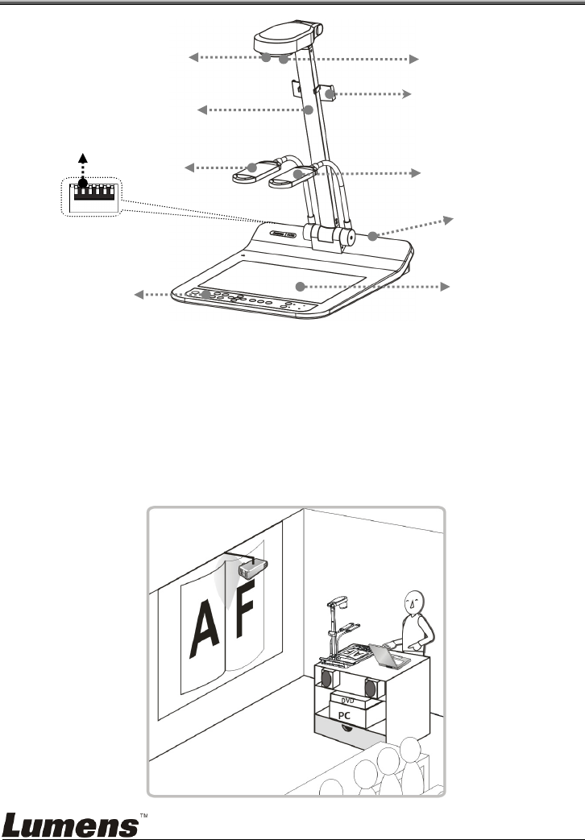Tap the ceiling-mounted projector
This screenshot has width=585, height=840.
[x=251, y=569]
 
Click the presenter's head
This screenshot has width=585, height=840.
[x=416, y=600]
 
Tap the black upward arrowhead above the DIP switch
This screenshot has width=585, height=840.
[x=82, y=159]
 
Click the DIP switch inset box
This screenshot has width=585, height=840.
[x=91, y=197]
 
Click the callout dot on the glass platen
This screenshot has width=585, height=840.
[x=300, y=286]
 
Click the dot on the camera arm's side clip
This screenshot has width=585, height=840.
[x=330, y=94]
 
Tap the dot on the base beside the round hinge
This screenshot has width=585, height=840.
[x=372, y=236]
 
